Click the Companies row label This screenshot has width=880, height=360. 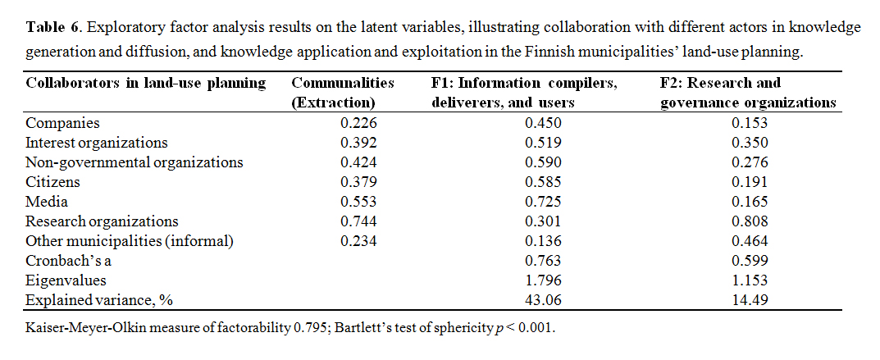(x=62, y=123)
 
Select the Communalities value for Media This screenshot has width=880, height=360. (x=358, y=201)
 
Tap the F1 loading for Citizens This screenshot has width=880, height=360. (x=542, y=181)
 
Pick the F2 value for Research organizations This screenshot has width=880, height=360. (x=750, y=221)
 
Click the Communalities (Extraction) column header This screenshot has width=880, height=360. (x=343, y=93)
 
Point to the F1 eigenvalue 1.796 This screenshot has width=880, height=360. (x=542, y=280)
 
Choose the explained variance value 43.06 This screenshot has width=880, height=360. (x=542, y=299)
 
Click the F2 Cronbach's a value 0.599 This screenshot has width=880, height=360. (x=750, y=260)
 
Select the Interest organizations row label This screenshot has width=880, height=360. (x=97, y=143)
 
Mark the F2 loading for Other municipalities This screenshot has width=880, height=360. (x=750, y=240)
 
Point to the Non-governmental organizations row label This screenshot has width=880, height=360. (x=135, y=162)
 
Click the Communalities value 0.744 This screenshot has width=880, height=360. (x=358, y=221)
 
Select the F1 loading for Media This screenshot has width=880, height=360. (x=542, y=201)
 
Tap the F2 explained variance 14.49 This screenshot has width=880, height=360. (x=750, y=299)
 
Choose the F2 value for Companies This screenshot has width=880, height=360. (x=750, y=123)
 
